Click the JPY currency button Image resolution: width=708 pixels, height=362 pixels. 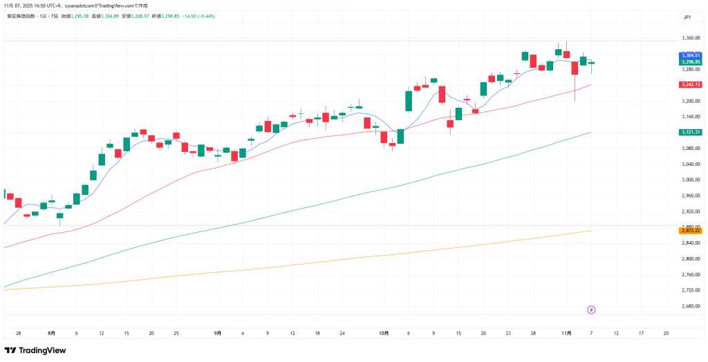coord(687,17)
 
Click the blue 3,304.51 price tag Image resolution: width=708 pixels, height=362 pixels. coord(691,55)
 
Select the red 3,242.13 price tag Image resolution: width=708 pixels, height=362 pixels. coord(691,84)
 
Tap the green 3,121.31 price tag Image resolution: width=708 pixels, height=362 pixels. coord(691,132)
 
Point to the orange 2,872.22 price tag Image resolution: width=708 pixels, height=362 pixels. coord(691,230)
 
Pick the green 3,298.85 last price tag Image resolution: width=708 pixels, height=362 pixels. coord(691,62)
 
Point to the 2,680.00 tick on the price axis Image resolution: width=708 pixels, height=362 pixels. coord(691,306)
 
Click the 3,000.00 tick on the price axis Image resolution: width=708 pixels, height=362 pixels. coord(691,180)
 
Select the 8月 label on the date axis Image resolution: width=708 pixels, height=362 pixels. coord(52,332)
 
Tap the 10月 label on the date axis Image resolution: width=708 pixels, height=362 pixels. coord(384,332)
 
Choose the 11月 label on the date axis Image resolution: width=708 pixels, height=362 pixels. coord(566,332)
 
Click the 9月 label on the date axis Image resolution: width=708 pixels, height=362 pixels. coord(218,332)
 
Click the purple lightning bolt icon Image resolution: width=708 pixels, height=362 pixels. coord(591,309)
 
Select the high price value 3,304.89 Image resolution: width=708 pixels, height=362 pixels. coord(110,15)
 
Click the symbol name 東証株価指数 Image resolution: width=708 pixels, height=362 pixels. coord(22,15)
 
